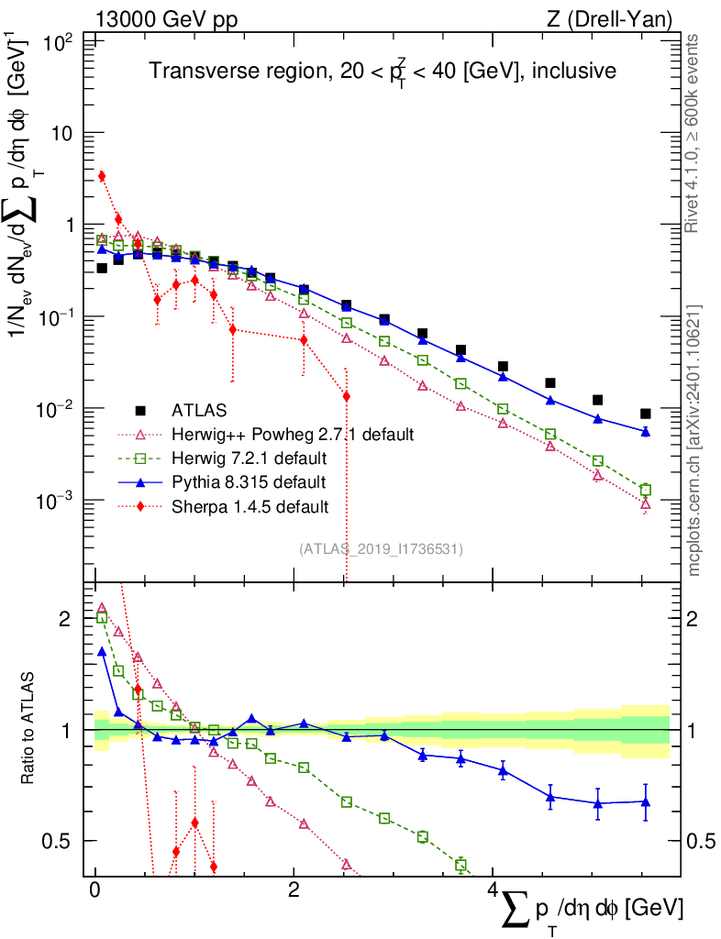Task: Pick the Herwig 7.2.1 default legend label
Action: (x=249, y=458)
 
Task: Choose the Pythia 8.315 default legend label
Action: (x=249, y=481)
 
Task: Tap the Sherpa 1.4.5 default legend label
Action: (x=250, y=506)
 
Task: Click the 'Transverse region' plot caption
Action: (x=383, y=70)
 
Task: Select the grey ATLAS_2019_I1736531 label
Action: (x=381, y=549)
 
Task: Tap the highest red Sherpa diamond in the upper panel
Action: (x=102, y=176)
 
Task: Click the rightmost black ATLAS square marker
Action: (x=646, y=414)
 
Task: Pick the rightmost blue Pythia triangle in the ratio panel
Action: (x=646, y=802)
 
